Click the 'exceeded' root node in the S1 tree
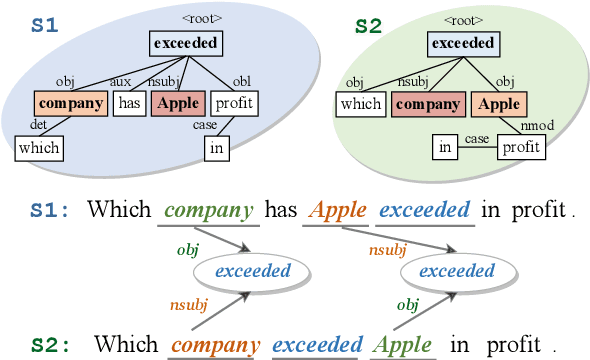(x=186, y=43)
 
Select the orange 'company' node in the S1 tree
(x=71, y=102)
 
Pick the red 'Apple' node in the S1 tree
(x=179, y=102)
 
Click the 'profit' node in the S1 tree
(x=235, y=102)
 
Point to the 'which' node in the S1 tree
(x=39, y=149)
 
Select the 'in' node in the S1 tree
(x=216, y=149)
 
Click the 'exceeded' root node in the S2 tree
(x=462, y=43)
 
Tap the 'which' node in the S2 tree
(x=361, y=103)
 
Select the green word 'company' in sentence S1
(x=208, y=211)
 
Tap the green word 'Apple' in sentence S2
(x=404, y=345)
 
